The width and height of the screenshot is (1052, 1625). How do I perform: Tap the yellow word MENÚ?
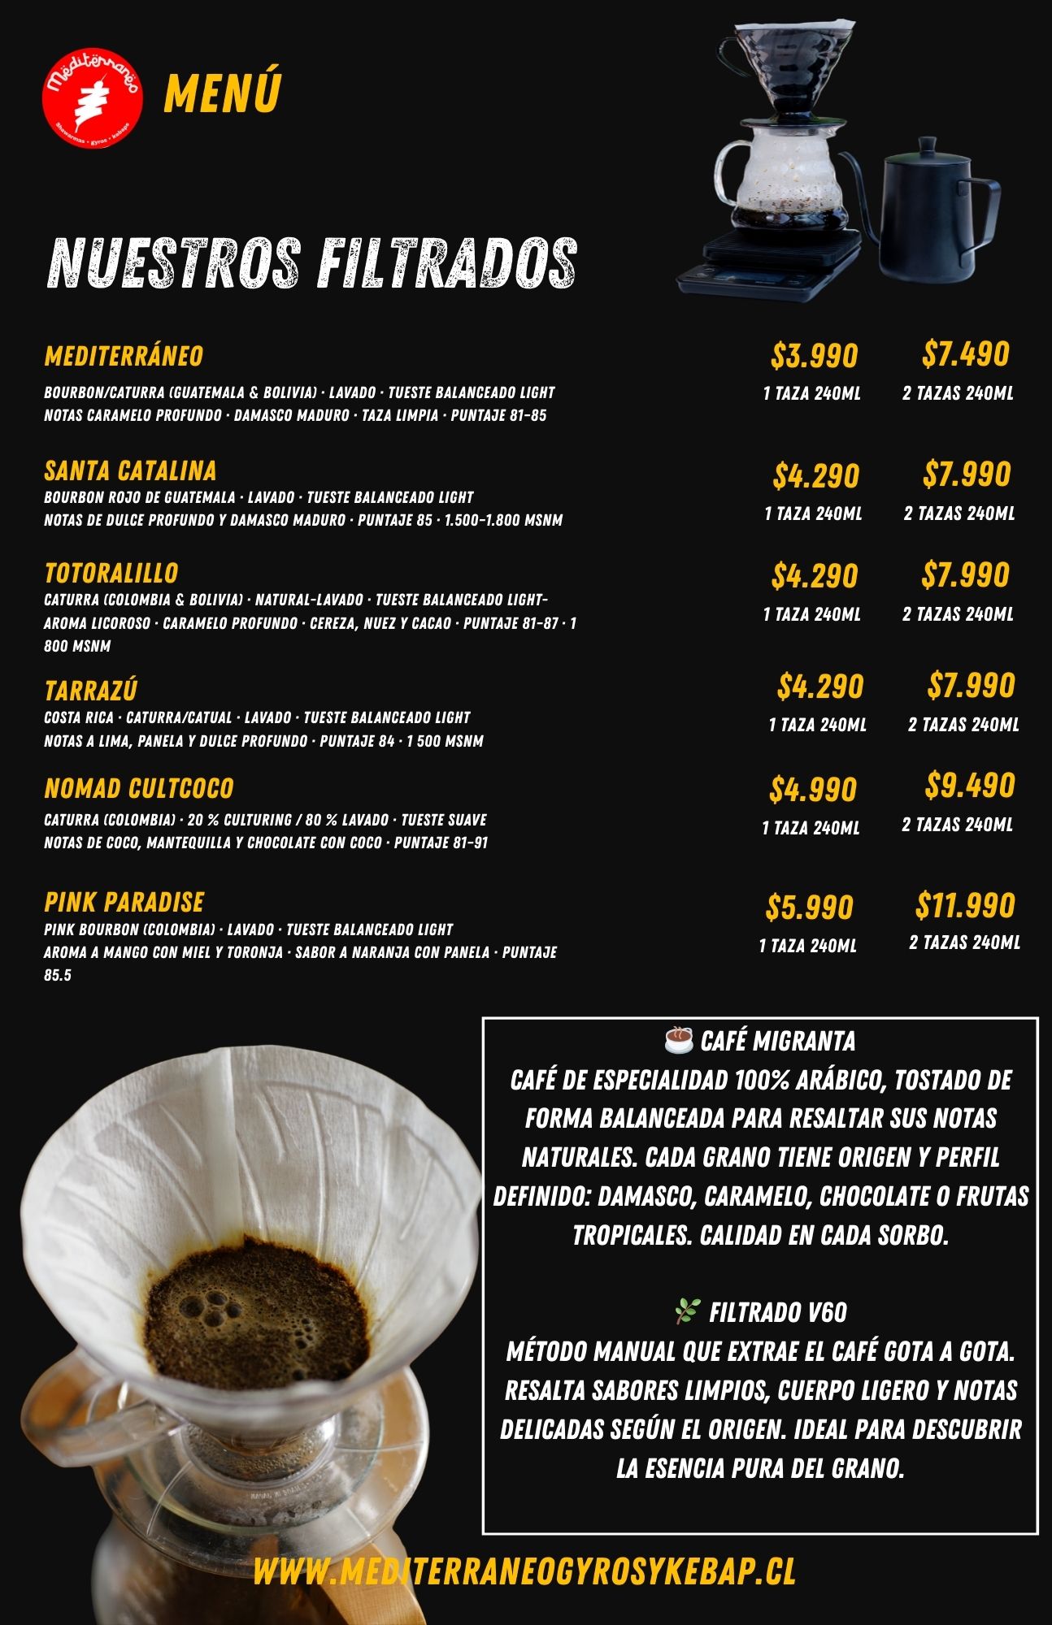click(x=222, y=93)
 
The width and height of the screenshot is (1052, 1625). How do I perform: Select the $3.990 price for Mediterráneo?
click(x=814, y=356)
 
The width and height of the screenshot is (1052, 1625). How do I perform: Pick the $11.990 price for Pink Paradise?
click(x=965, y=905)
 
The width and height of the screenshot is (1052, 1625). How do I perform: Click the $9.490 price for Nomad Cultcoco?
click(x=969, y=786)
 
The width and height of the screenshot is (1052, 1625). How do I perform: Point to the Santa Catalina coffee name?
click(x=130, y=470)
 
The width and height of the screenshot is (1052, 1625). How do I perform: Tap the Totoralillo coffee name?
click(x=111, y=573)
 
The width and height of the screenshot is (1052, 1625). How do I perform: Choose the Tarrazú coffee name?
click(x=90, y=691)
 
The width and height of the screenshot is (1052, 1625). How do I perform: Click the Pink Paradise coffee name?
click(x=124, y=902)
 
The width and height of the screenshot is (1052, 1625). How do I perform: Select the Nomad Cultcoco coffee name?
click(x=138, y=788)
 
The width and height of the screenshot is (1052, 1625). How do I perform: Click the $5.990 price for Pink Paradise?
click(x=809, y=908)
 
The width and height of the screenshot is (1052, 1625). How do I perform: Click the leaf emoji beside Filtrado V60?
click(x=688, y=1311)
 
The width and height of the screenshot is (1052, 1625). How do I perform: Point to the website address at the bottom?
click(x=524, y=1571)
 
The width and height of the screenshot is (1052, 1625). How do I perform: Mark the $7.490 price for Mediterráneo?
click(x=965, y=354)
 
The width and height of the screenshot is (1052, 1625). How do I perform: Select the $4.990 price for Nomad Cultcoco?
click(x=812, y=790)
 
